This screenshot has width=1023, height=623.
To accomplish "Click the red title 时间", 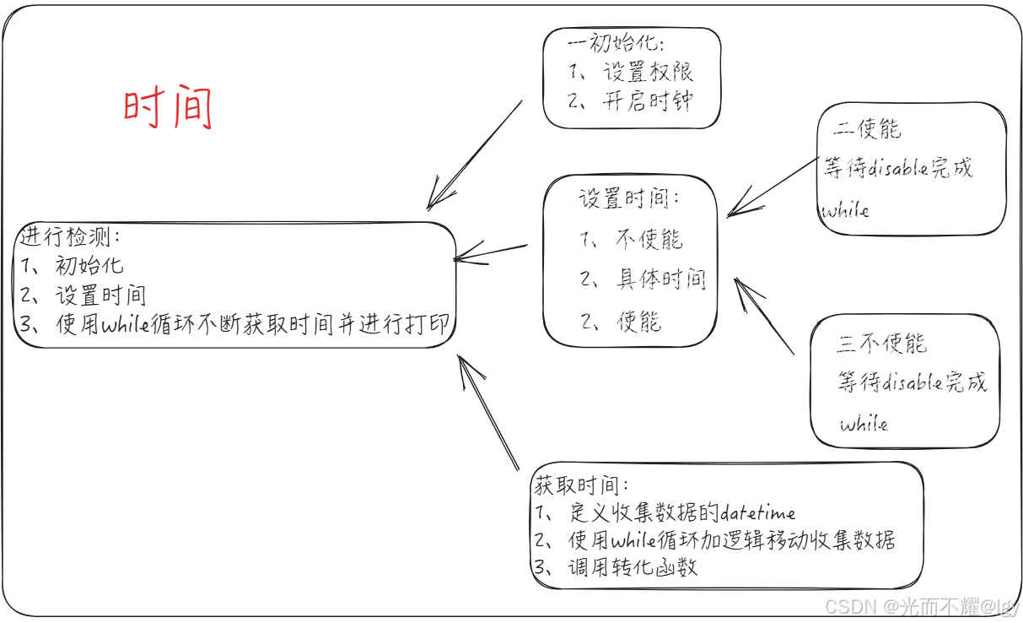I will point(168,109).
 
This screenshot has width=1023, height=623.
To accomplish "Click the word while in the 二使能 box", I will point(846,209).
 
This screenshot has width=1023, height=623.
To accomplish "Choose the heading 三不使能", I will point(881,344).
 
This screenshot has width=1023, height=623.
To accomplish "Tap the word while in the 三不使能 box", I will point(864,423).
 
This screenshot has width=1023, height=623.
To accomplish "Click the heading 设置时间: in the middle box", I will point(629,199).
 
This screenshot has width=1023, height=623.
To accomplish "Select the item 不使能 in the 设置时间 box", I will point(648,240).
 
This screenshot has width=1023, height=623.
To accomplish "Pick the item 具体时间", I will point(660,279).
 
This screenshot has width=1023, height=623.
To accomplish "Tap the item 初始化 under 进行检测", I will point(89,266).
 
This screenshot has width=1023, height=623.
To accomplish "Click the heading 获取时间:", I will point(581,485).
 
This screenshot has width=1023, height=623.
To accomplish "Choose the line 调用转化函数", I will point(633,566).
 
